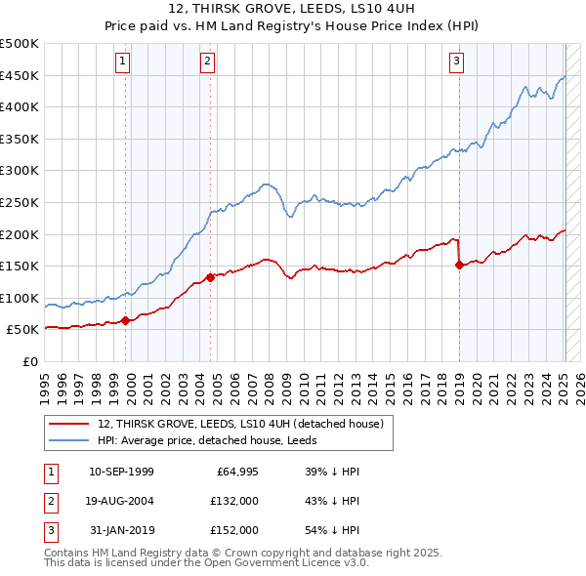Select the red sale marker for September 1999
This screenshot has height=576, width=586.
click(x=126, y=320)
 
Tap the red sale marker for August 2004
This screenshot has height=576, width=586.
click(x=211, y=277)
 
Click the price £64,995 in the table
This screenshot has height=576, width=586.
click(x=236, y=472)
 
